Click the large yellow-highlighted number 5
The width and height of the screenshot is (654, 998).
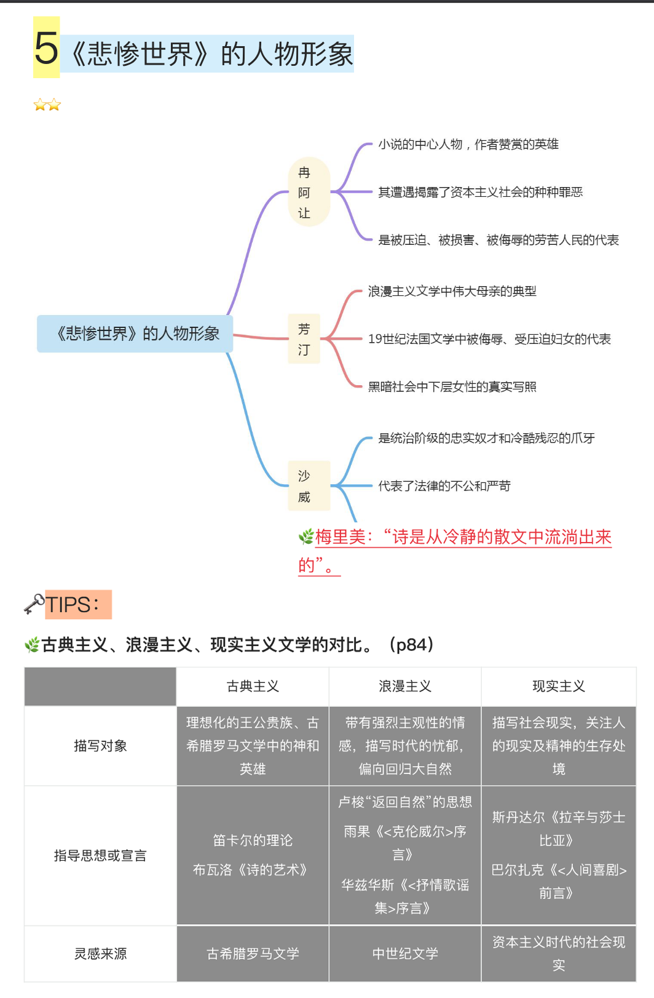[x=46, y=48]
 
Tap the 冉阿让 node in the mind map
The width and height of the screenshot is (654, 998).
[x=309, y=192]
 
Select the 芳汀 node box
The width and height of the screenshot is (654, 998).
[x=304, y=339]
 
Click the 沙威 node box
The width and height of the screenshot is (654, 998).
[x=309, y=485]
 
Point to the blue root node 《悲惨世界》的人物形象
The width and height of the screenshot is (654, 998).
[x=135, y=333]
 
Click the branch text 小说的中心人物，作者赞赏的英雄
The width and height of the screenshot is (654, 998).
[x=468, y=145]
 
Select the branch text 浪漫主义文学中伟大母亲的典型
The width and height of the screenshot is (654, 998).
[x=452, y=291]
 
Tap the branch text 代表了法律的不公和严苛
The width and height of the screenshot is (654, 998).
[x=444, y=486]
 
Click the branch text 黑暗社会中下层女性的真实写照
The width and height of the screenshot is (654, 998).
[x=452, y=386]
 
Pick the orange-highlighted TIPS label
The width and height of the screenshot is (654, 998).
[x=78, y=604]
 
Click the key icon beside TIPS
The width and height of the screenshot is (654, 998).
[x=34, y=604]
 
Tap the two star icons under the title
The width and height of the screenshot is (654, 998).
[x=47, y=105]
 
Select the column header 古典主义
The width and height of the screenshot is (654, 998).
[x=253, y=686]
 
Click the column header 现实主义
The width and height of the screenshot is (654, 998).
[x=558, y=686]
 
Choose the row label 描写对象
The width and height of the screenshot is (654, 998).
[x=100, y=746]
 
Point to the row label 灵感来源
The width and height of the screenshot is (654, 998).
[x=100, y=954]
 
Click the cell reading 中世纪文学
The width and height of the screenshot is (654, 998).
[x=405, y=954]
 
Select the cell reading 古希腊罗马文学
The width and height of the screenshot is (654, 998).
[x=253, y=954]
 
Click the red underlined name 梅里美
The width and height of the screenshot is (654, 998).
[x=340, y=537]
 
